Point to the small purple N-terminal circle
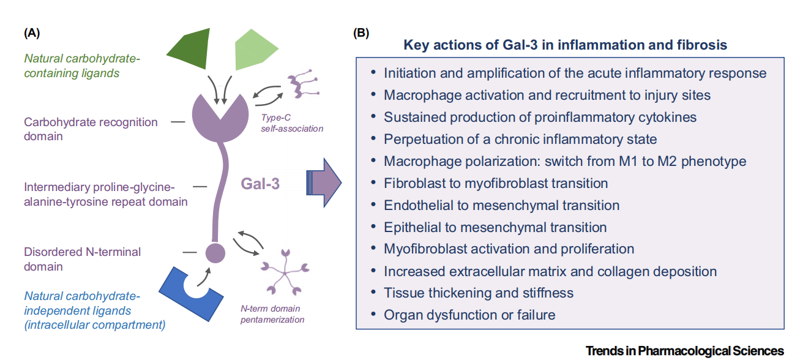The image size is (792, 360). click(215, 251)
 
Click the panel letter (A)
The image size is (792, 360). click(32, 33)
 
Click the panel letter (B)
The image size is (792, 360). click(361, 33)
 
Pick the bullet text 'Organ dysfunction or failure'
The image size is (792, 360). click(469, 315)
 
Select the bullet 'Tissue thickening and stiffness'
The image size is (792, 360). click(478, 293)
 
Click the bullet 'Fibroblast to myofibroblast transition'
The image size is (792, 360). click(496, 183)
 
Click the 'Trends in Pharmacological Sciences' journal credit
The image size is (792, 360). click(684, 351)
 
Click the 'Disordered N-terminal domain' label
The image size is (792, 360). click(83, 259)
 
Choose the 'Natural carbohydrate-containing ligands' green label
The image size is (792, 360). click(82, 66)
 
